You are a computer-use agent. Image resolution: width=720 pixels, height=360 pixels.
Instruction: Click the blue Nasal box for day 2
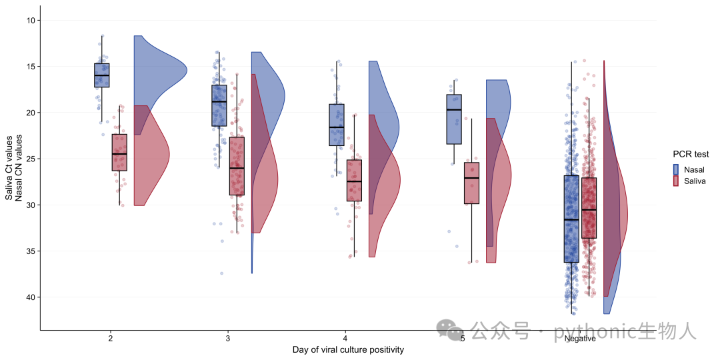point(101,75)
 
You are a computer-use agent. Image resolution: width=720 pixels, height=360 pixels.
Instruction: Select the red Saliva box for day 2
point(119,153)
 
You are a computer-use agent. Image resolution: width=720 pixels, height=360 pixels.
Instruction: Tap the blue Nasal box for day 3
point(219,105)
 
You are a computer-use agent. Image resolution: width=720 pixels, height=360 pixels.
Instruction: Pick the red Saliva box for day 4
point(354,181)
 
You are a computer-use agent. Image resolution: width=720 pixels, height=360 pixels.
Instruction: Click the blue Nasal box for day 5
point(454,119)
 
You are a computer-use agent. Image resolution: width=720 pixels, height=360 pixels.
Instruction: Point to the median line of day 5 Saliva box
point(471,178)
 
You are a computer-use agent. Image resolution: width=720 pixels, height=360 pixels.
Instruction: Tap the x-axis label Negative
point(580,339)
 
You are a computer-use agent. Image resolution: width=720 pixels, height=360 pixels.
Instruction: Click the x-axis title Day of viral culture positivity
point(348,351)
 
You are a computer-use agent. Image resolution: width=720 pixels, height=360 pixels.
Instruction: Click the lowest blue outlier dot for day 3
point(222,273)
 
